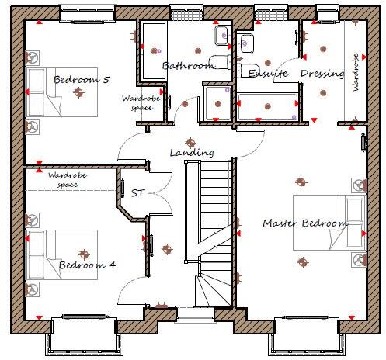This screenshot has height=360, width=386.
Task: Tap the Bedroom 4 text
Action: point(87,265)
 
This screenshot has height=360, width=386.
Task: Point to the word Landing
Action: point(191,153)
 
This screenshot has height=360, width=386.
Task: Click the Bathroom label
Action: point(188,67)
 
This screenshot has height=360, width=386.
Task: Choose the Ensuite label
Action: point(267,73)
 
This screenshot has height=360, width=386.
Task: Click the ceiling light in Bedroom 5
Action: point(78,93)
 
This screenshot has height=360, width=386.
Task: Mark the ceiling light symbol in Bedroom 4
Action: point(84,252)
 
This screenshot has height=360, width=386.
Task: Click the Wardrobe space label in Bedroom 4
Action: point(65,181)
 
